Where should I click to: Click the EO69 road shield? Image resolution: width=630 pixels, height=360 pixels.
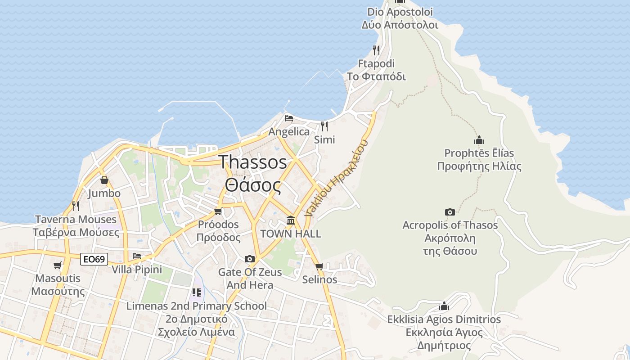pos(94,259)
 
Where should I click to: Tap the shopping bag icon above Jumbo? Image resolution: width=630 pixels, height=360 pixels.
pos(104,180)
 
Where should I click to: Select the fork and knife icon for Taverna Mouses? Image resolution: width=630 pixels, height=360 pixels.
pos(76,206)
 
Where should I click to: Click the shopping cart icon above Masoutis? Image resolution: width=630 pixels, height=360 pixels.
pos(57,265)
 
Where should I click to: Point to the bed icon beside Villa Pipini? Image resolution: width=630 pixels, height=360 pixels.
pos(137,256)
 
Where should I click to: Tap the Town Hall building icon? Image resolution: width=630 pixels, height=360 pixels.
pos(291,220)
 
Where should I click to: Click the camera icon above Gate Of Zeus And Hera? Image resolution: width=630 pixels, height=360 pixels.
pos(249,259)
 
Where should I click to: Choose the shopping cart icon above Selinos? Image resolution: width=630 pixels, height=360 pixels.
pos(319,266)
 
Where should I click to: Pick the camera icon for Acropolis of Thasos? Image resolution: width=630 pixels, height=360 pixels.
pos(450,212)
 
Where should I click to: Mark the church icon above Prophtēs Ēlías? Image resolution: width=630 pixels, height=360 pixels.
pos(479,140)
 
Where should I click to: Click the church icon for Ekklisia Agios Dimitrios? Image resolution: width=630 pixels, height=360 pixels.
pos(444,306)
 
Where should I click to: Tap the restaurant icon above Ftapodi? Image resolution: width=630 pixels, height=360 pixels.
pos(376,50)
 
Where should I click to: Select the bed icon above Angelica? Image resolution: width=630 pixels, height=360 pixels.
pos(289,118)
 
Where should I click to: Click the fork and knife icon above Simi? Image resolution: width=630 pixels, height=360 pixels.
pos(324,126)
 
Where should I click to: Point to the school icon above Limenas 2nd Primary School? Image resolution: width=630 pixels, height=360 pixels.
pos(196,292)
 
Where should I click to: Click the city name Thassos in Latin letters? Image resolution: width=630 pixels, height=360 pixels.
pos(252,162)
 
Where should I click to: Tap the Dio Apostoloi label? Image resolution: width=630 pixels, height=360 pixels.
pos(400,12)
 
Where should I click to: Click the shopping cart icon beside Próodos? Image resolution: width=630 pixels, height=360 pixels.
pos(218,211)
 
